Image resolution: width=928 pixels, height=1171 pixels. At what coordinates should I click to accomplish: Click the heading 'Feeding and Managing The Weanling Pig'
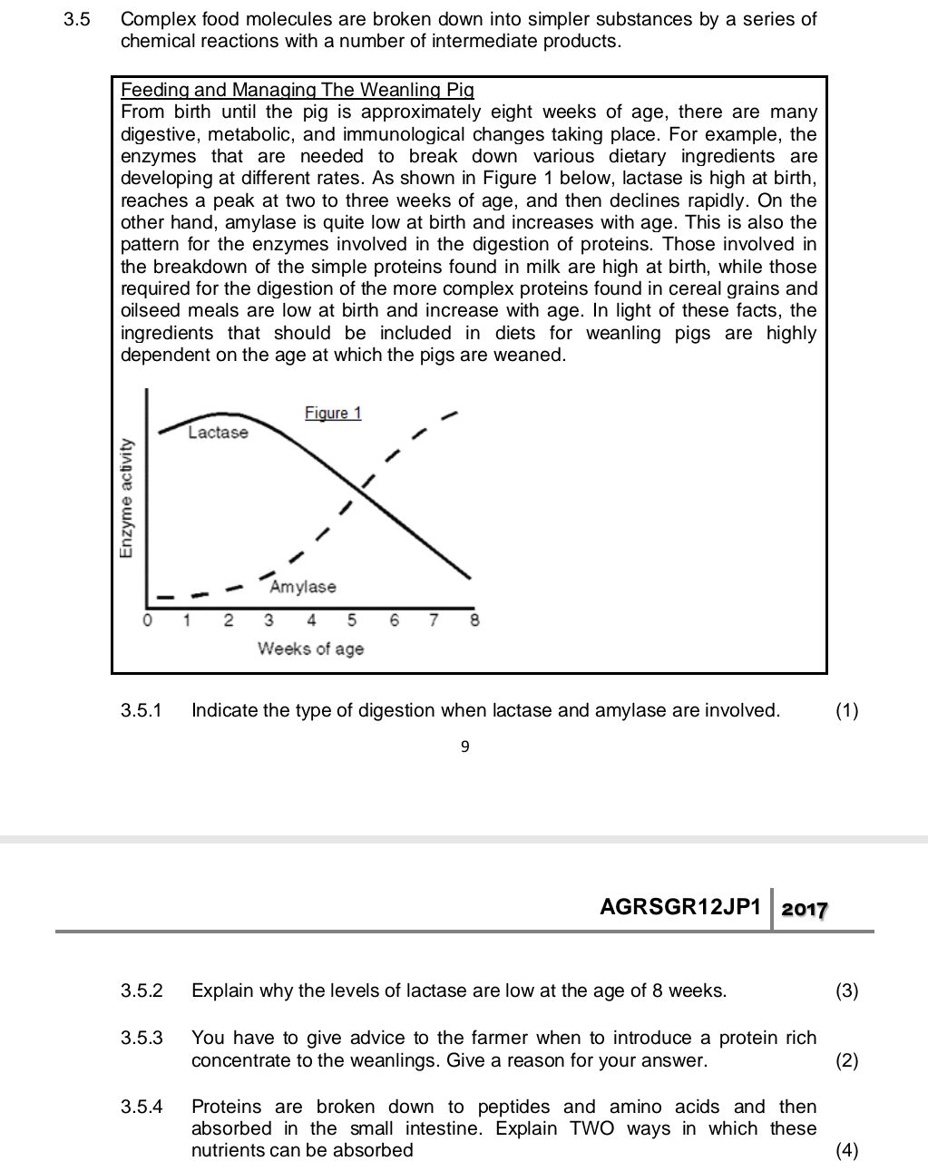tap(298, 90)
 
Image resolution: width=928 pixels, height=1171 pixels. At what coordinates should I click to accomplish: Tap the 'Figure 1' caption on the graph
tap(333, 413)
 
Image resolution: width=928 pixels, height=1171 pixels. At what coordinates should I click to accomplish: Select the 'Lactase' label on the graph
tap(218, 433)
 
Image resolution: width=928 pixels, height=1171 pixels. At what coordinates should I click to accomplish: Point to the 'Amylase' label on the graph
tap(303, 587)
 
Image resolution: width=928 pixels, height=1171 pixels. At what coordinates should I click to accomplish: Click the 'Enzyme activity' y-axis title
tap(126, 499)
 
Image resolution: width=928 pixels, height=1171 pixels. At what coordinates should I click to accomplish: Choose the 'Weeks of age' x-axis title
tap(310, 649)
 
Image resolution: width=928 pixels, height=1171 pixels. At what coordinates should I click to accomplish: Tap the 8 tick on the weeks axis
tap(474, 621)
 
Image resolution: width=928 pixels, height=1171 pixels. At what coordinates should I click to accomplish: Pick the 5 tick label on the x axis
tap(352, 621)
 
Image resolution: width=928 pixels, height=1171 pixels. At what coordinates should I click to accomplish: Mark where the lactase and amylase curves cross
tap(357, 494)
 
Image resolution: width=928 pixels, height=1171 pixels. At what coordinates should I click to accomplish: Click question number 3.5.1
tap(142, 710)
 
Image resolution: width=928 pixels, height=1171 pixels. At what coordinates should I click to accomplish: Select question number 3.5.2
tap(142, 990)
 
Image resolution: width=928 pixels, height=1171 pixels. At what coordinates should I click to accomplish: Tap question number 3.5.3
tap(142, 1038)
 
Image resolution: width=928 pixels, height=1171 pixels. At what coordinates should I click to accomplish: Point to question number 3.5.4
tap(142, 1107)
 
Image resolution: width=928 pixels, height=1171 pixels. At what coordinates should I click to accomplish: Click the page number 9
tap(464, 747)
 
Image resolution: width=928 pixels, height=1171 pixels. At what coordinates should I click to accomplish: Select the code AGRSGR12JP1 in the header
tap(680, 907)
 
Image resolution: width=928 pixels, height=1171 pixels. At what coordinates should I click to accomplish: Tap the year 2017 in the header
tap(805, 909)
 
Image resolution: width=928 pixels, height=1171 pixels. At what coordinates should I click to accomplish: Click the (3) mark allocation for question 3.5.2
tap(846, 990)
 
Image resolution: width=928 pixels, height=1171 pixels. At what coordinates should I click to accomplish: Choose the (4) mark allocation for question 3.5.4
tap(846, 1150)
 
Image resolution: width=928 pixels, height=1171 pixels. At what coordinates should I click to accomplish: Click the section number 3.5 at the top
tap(77, 19)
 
